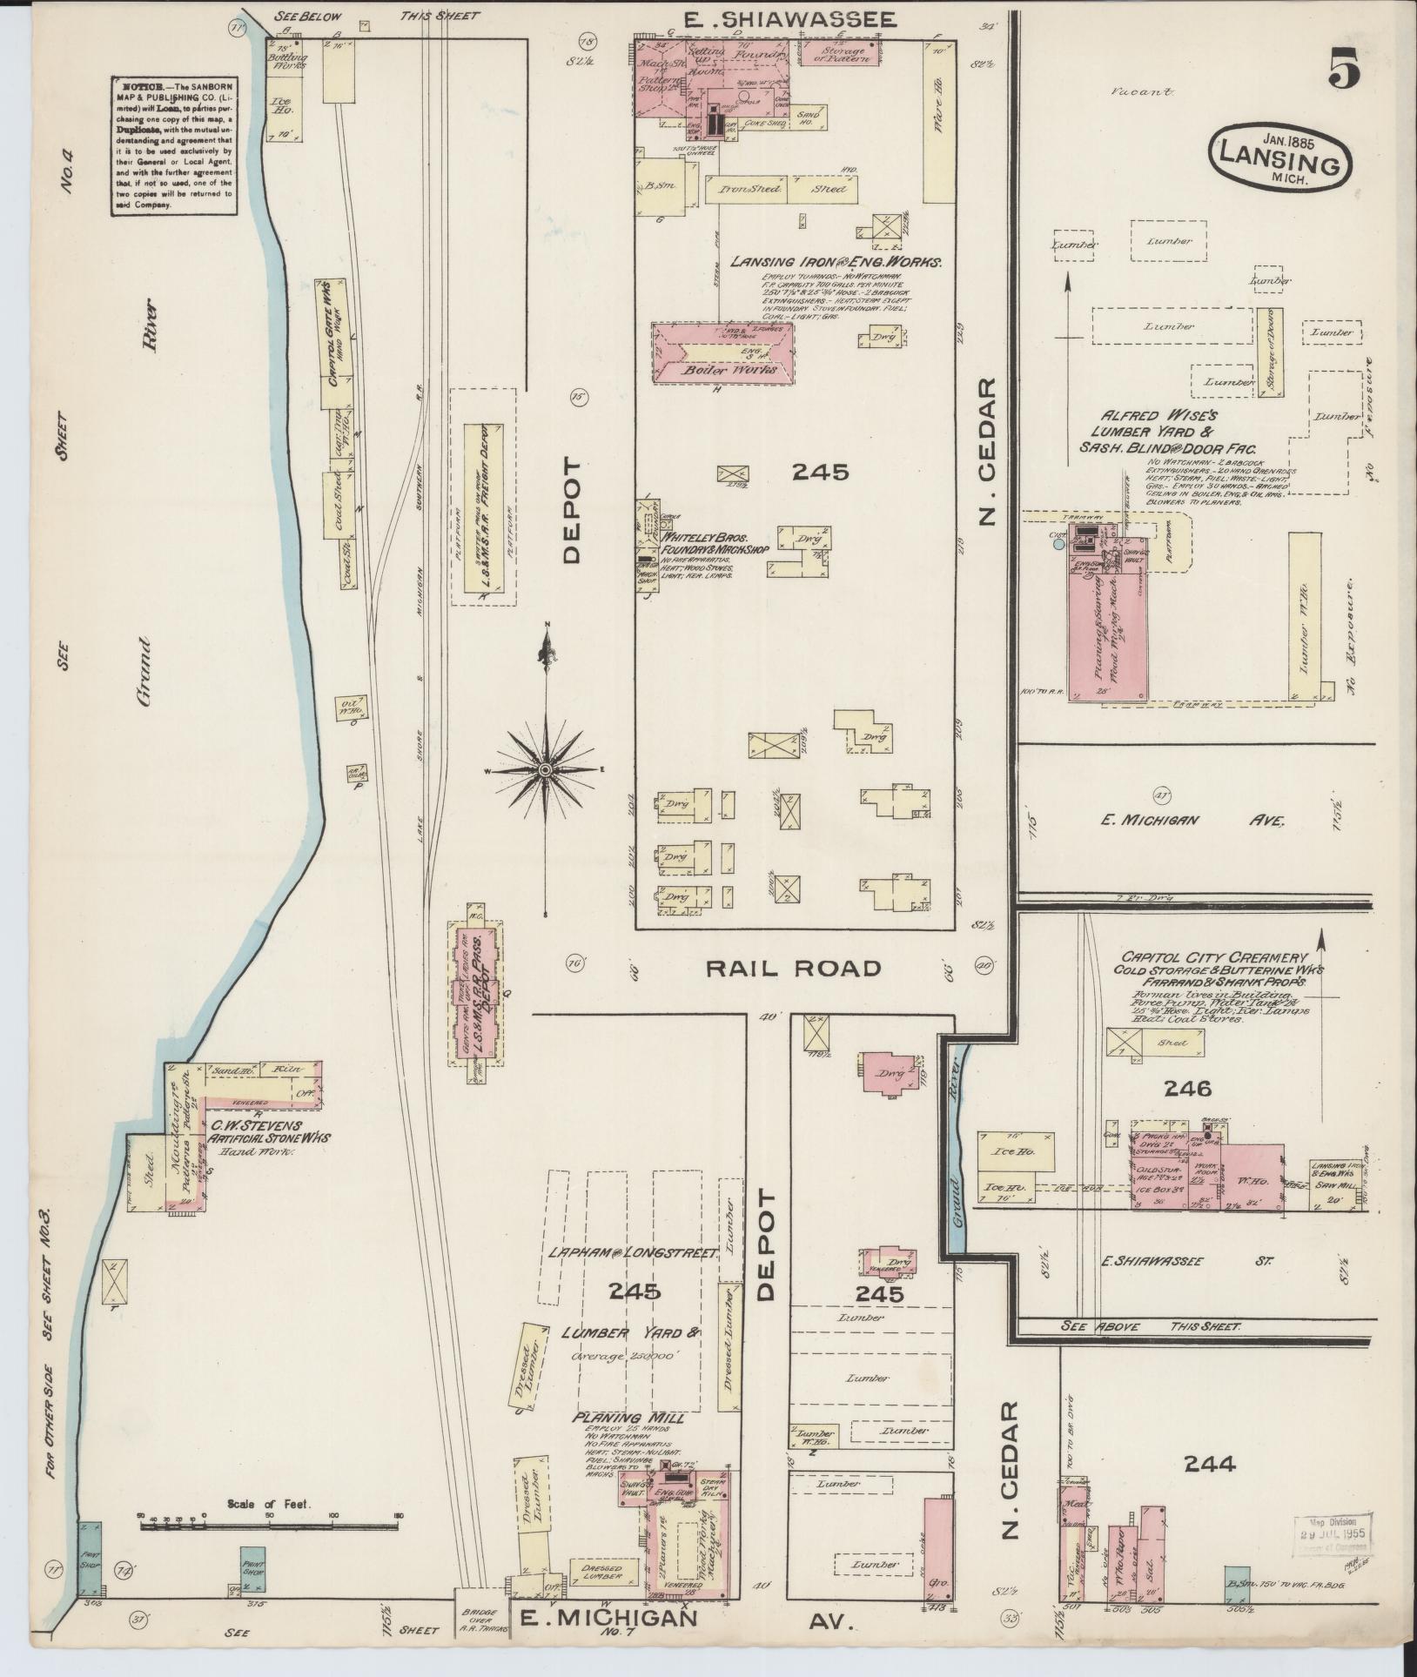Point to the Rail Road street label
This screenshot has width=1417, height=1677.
point(793,969)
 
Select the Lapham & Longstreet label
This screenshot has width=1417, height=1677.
point(631,1253)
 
